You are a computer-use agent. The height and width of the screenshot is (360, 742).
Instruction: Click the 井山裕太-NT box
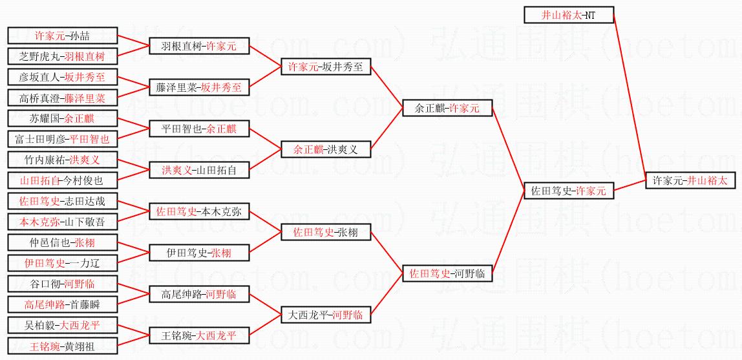click(568, 14)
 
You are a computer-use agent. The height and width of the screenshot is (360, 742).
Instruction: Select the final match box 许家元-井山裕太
click(690, 180)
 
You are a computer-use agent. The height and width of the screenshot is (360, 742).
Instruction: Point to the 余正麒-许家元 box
click(447, 108)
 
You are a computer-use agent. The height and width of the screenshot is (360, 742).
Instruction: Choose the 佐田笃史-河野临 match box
click(447, 273)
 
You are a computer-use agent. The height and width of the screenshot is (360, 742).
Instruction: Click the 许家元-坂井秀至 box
click(325, 66)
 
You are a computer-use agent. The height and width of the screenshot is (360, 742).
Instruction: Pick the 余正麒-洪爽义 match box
click(325, 149)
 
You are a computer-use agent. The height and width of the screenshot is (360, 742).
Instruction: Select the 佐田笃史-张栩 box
click(325, 232)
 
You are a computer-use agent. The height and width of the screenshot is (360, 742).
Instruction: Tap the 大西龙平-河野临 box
click(325, 315)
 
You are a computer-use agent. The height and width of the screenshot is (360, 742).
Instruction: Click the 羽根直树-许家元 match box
click(198, 46)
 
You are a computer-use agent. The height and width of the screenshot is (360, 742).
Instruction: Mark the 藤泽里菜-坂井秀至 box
click(198, 87)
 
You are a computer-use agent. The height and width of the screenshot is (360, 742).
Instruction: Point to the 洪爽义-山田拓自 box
click(198, 170)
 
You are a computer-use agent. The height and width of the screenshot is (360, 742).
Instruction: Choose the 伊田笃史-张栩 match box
click(198, 253)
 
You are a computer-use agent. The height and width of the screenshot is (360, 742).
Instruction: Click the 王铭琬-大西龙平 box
click(198, 335)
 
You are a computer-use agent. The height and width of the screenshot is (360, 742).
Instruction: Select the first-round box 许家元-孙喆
click(63, 36)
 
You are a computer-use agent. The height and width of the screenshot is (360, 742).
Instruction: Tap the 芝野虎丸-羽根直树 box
click(63, 56)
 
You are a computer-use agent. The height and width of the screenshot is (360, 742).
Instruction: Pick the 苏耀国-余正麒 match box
click(63, 118)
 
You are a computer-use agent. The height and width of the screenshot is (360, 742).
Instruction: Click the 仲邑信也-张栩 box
click(63, 242)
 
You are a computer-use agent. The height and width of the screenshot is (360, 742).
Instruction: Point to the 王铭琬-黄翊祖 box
click(63, 346)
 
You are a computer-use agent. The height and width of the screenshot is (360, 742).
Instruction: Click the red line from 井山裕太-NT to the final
click(630, 94)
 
